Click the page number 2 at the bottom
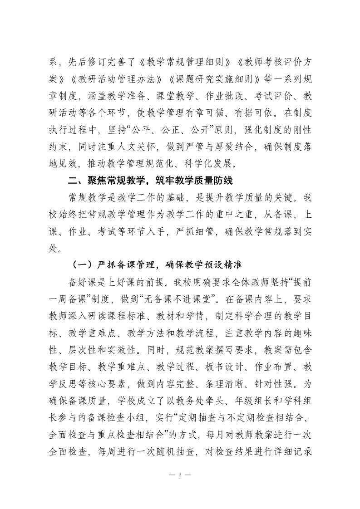180,475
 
